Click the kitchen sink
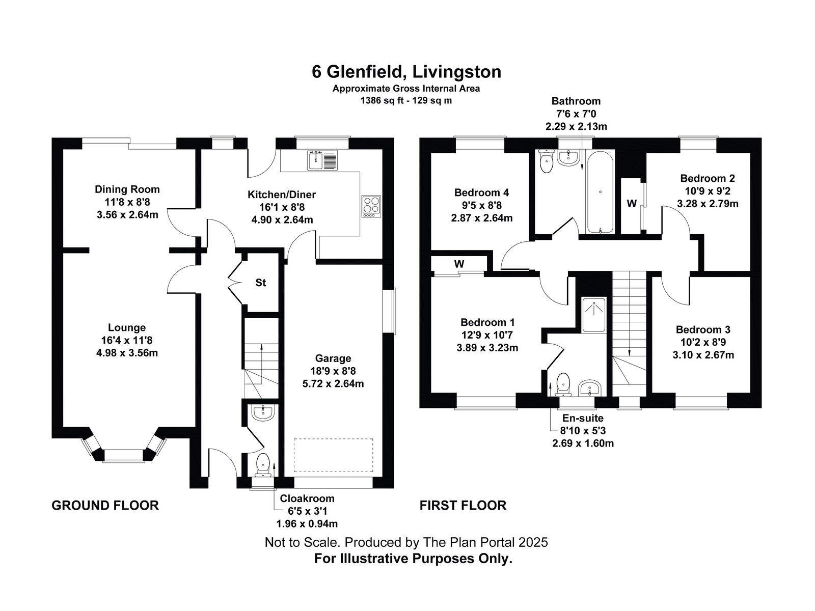(x=322, y=160)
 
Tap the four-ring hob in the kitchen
(x=371, y=206)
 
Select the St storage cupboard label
(x=261, y=283)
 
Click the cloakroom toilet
(x=263, y=464)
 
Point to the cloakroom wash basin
(x=262, y=412)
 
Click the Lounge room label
(x=127, y=328)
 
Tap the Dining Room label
(x=127, y=189)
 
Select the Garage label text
(x=333, y=358)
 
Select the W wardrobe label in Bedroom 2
(x=632, y=204)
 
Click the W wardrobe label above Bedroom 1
(x=459, y=264)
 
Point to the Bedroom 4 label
(x=481, y=192)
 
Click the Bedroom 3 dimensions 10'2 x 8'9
(x=703, y=342)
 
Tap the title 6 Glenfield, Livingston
(x=406, y=72)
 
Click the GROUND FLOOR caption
(x=105, y=505)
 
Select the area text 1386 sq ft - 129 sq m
(x=406, y=100)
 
